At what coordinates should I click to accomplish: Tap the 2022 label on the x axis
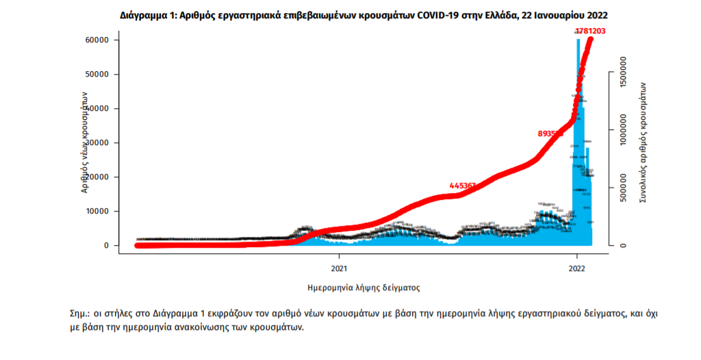577,268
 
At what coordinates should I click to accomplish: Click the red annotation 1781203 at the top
590,31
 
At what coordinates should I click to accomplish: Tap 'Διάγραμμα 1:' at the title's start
148,14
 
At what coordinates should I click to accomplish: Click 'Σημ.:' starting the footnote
81,313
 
